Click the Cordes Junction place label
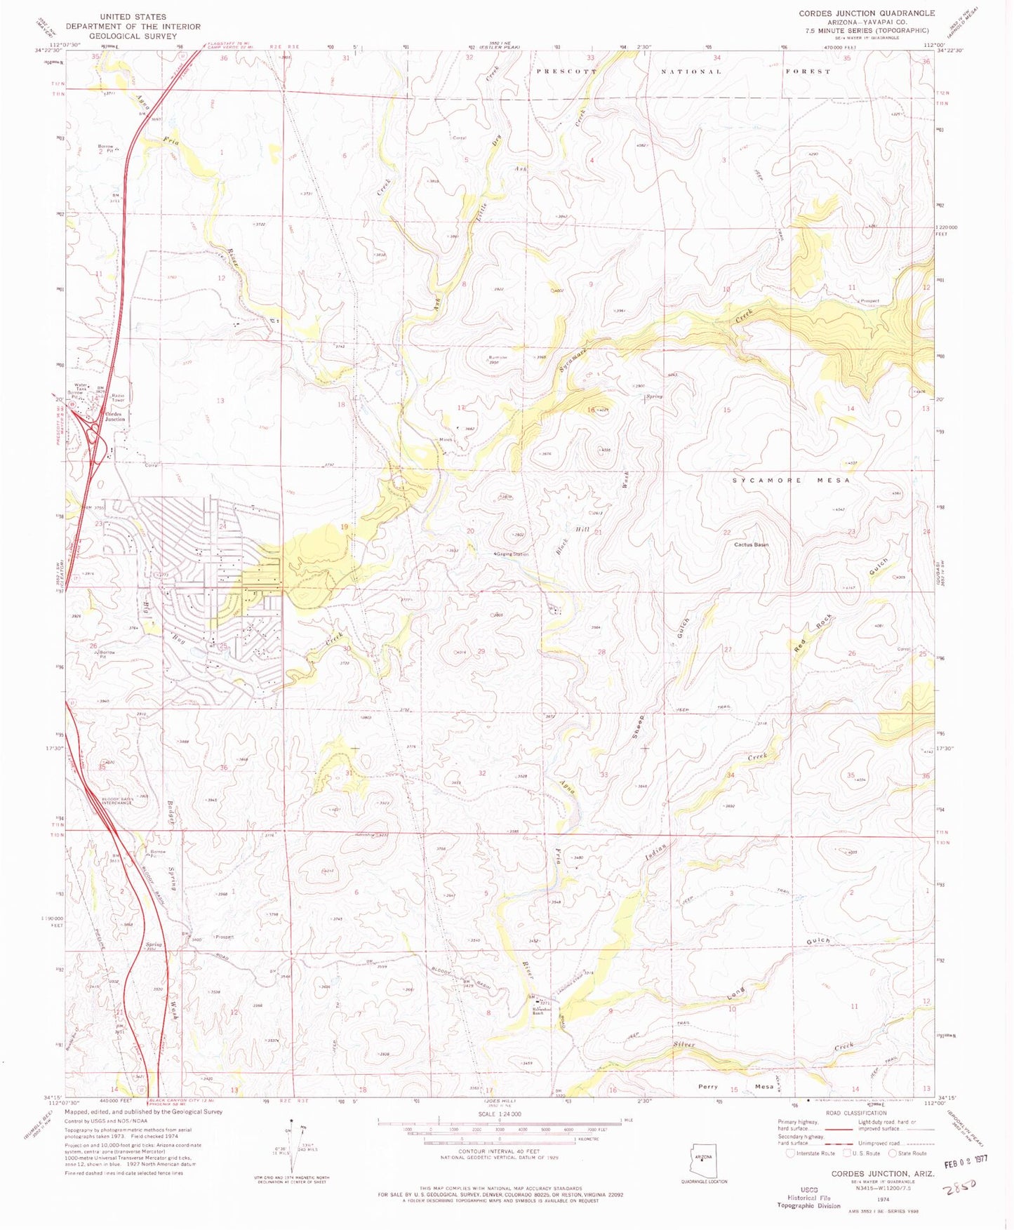[114, 417]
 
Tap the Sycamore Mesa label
[791, 481]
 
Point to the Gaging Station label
[512, 554]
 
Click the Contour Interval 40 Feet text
[499, 1151]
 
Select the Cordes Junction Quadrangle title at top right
[867, 13]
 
